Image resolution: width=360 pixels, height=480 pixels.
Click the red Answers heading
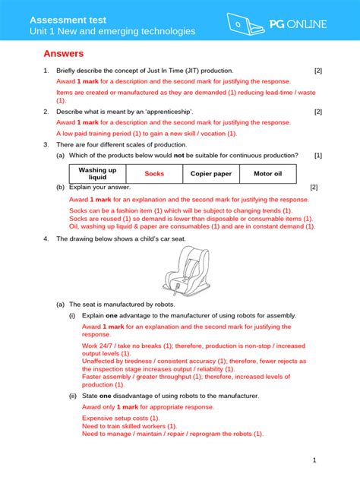coord(63,54)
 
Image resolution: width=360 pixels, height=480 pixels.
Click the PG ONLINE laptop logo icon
coord(242,24)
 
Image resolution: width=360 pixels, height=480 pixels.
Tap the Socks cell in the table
coord(154,173)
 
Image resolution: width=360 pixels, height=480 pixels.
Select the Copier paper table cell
coord(210,173)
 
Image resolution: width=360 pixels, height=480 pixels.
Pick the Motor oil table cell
coord(267,173)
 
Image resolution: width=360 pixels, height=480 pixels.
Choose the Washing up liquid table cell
coord(97,173)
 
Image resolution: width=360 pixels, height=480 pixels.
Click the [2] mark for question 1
coord(318,71)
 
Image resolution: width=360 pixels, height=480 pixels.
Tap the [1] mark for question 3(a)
coord(318,155)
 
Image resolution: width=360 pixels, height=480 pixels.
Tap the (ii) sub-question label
coord(73,396)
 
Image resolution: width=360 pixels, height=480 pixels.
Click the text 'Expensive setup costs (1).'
coord(120,418)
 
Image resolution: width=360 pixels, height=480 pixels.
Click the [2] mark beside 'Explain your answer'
coord(314,187)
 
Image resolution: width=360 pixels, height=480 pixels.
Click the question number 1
coord(46,71)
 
